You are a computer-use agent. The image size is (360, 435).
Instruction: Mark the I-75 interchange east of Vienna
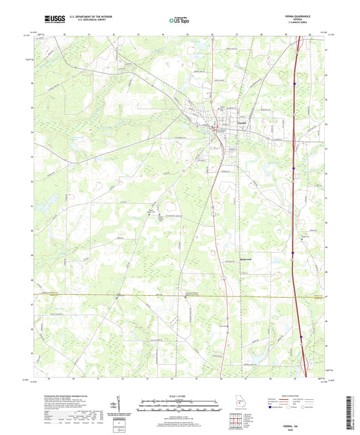295,168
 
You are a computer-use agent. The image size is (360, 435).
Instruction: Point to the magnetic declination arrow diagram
120,404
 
